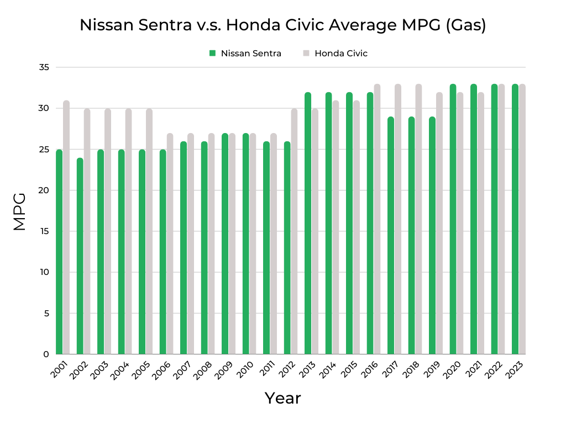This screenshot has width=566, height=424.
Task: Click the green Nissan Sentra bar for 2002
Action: pos(80,257)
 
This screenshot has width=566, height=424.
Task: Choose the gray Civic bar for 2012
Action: pos(294,232)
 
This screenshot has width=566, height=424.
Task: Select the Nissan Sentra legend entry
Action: pos(245,54)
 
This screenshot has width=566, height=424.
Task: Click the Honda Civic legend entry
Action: pos(335,54)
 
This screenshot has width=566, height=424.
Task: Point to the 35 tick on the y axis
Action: pos(44,67)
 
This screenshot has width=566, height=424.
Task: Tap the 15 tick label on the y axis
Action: pos(44,231)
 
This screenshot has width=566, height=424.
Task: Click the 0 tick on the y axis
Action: pos(46,354)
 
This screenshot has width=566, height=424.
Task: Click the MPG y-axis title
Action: pos(20,211)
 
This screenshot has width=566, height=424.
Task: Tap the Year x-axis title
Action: pos(282,398)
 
